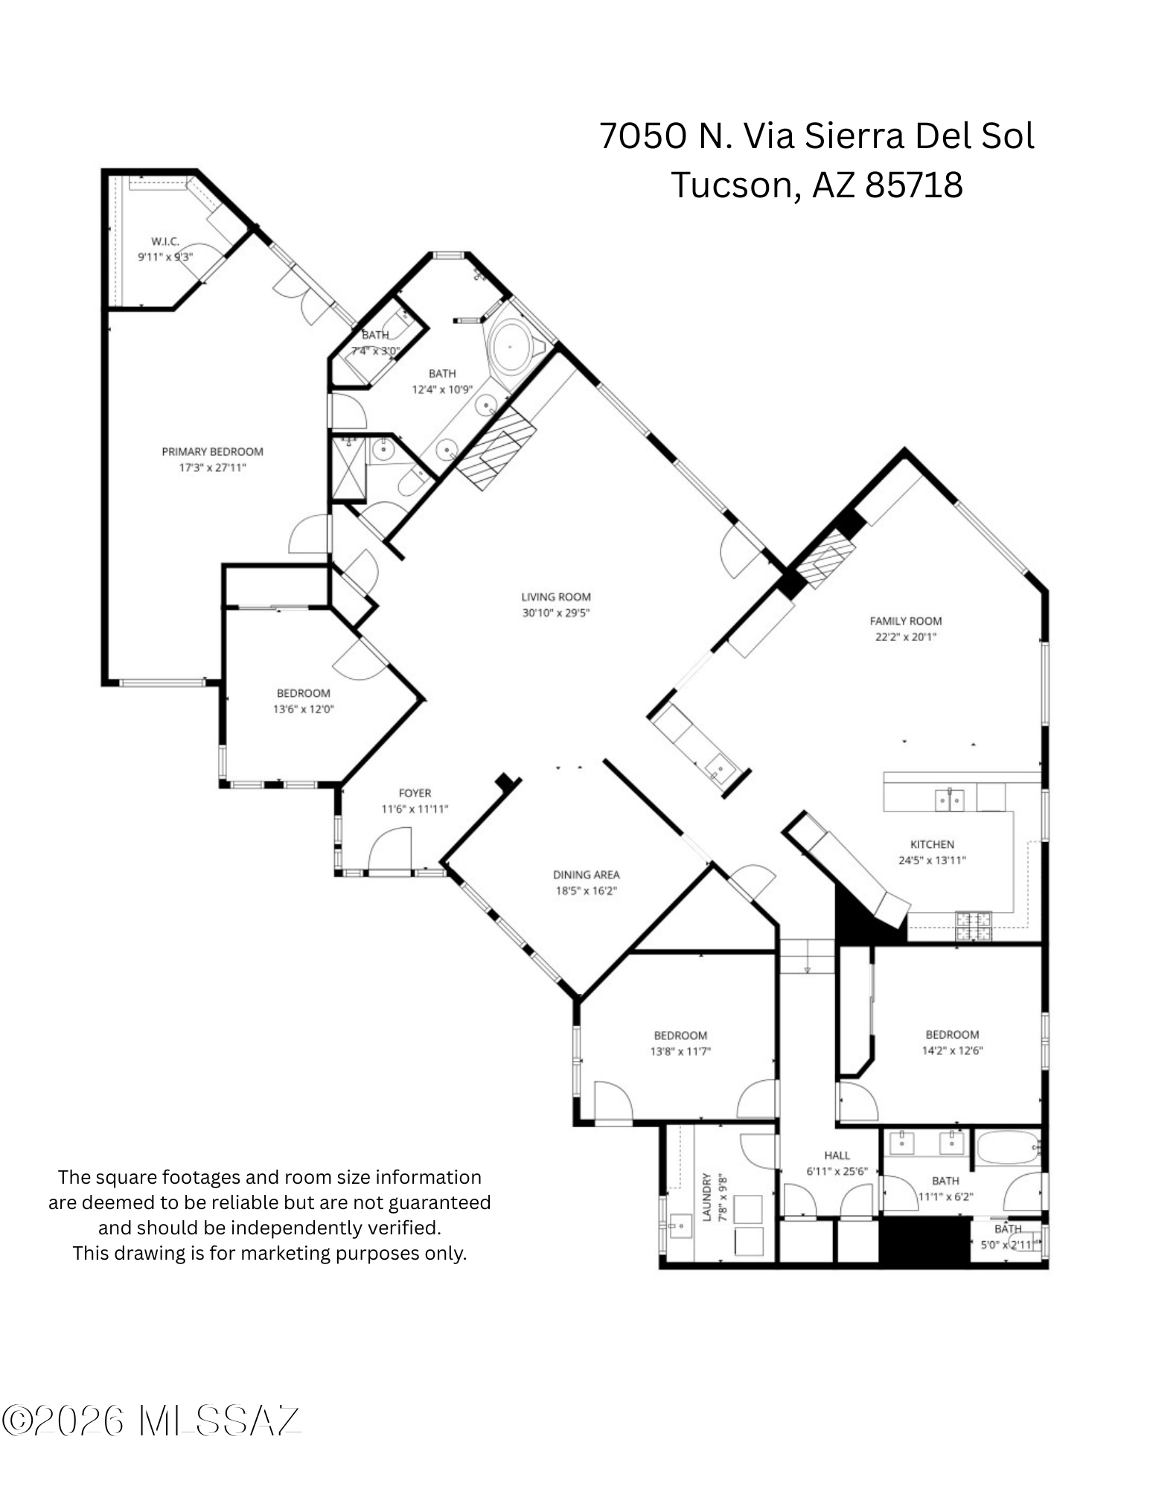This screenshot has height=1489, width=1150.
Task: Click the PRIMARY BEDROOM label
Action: click(212, 451)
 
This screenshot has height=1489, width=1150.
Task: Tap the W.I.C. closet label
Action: click(165, 241)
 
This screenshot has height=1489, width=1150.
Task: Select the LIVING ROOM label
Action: click(556, 596)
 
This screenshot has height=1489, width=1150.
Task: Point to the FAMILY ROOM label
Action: click(906, 621)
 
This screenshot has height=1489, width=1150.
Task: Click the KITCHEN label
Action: click(932, 844)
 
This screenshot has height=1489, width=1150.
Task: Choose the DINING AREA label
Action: click(587, 875)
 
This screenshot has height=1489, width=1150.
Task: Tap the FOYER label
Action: click(415, 793)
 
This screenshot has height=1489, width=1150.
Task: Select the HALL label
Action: click(837, 1155)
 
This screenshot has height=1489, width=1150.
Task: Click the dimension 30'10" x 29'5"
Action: click(556, 613)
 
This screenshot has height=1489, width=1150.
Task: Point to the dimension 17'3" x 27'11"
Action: click(212, 468)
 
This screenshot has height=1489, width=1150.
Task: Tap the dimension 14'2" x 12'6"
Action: click(953, 1050)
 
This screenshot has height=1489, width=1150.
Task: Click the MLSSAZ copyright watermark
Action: click(151, 1422)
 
